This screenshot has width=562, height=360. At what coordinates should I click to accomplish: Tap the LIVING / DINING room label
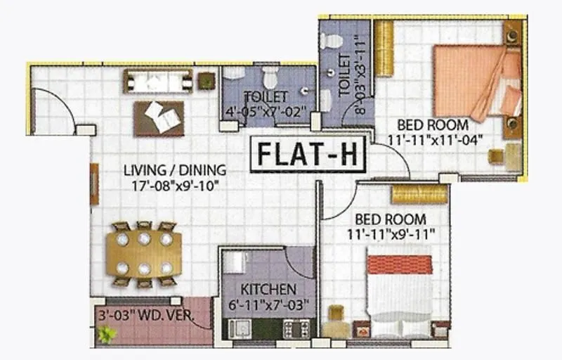(x=174, y=170)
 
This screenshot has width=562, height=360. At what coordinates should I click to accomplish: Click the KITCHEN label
(x=268, y=289)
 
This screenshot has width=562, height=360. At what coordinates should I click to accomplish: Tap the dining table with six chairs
(x=144, y=253)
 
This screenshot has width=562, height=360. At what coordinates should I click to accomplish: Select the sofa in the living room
(x=158, y=81)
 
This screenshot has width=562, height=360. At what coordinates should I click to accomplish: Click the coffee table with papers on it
(x=159, y=117)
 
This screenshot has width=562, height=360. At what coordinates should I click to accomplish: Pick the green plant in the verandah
(x=107, y=335)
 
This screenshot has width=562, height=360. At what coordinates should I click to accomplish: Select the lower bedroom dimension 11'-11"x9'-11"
(x=396, y=232)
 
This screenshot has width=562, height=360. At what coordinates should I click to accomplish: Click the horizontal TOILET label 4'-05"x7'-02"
(x=265, y=103)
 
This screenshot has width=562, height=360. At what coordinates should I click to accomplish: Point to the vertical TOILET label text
(x=345, y=76)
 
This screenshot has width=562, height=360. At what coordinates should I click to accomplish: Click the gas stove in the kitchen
(x=296, y=329)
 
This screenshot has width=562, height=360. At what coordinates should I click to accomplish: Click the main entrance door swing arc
(x=56, y=109)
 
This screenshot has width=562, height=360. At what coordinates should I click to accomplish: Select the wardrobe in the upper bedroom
(x=383, y=48)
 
